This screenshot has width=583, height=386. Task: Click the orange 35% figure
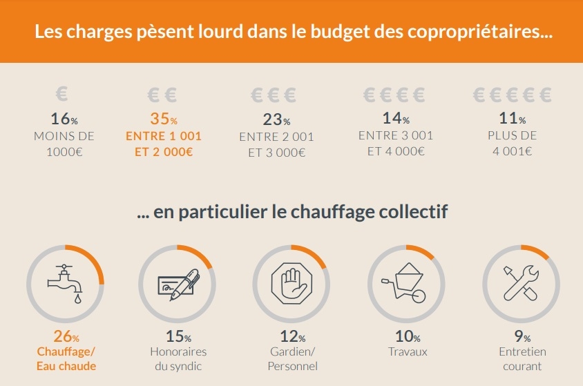pos(164,118)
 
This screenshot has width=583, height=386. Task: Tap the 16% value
pos(64,118)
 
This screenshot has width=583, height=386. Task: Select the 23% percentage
pos(276,119)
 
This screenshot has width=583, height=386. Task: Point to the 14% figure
pos(396,118)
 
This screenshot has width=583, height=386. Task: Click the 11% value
pos(512,118)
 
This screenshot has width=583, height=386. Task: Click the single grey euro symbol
pos(63,93)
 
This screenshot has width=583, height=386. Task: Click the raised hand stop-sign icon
pos(290,283)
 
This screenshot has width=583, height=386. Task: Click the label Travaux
pos(408,351)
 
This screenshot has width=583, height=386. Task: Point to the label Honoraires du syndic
pos(178,358)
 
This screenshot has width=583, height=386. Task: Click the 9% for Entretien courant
pos(522,337)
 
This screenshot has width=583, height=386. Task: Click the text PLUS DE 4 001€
pos(512,143)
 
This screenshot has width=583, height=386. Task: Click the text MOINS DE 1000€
pos(64,143)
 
